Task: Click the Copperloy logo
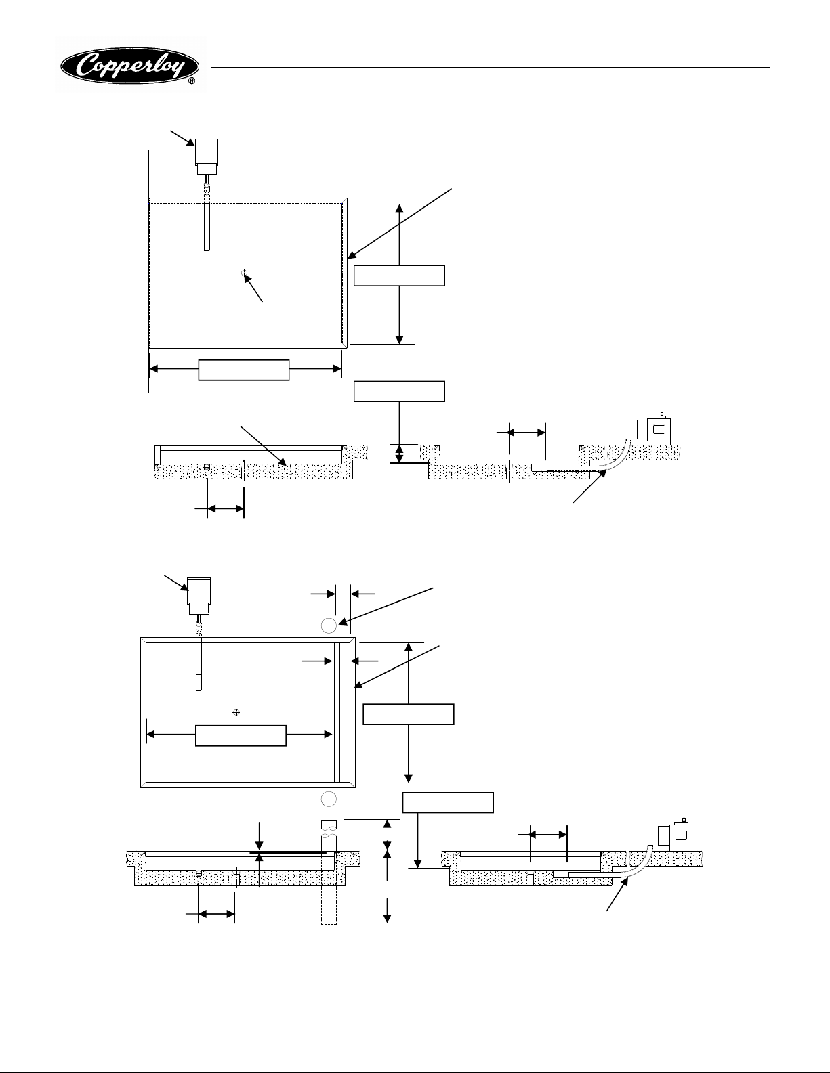[x=131, y=66]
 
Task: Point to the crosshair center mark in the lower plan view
[x=236, y=712]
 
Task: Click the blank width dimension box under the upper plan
[x=244, y=370]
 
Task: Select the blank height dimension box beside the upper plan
[x=400, y=276]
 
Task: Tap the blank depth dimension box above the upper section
[x=400, y=391]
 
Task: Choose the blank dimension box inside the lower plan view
[x=241, y=736]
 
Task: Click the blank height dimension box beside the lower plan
[x=409, y=714]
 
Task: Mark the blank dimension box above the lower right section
[x=448, y=802]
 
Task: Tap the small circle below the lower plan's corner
[x=329, y=798]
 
